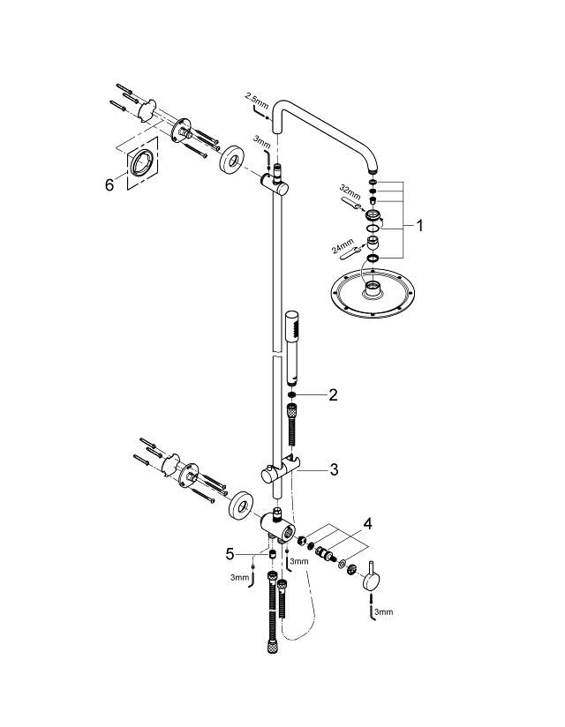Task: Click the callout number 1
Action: (x=420, y=226)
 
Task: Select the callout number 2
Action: (x=332, y=394)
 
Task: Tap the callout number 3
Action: (x=333, y=469)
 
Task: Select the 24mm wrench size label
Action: (x=343, y=244)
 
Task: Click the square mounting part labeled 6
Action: (x=141, y=163)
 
